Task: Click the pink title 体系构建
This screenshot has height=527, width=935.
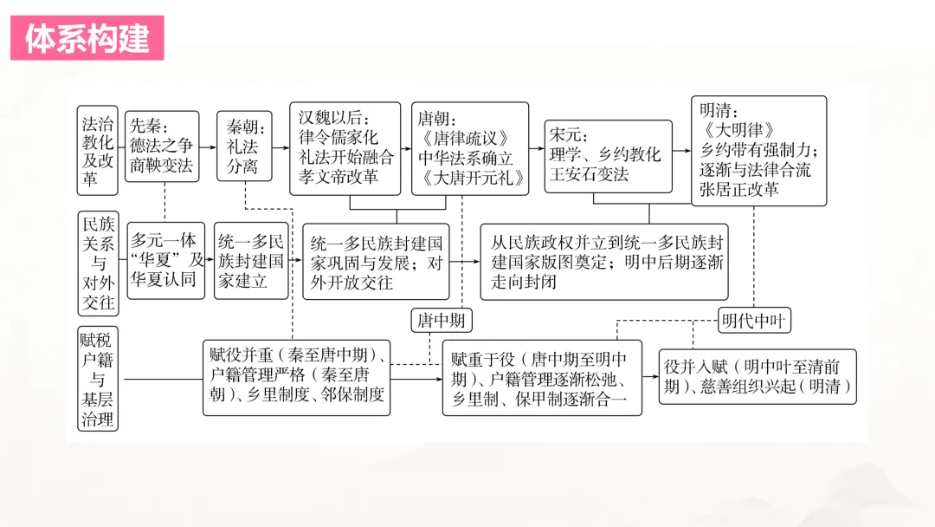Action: pyautogui.click(x=87, y=39)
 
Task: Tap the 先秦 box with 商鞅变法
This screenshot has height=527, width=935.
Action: pyautogui.click(x=161, y=146)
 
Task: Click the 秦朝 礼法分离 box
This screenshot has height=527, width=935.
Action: pyautogui.click(x=242, y=147)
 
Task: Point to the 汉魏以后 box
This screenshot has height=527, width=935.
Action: pyautogui.click(x=345, y=148)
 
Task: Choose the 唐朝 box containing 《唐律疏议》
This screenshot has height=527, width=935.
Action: pyautogui.click(x=469, y=148)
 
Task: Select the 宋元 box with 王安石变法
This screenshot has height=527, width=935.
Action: pyautogui.click(x=609, y=156)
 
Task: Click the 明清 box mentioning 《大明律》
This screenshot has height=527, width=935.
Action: pyautogui.click(x=758, y=150)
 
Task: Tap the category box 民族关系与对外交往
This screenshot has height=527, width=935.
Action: pyautogui.click(x=97, y=263)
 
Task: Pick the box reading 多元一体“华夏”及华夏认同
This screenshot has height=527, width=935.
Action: pyautogui.click(x=165, y=261)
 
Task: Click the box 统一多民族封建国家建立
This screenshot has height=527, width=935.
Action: pyautogui.click(x=251, y=261)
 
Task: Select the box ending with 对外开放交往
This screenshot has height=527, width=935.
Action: pyautogui.click(x=376, y=261)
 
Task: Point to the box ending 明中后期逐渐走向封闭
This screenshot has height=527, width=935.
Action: pyautogui.click(x=603, y=261)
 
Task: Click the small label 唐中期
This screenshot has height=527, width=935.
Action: pyautogui.click(x=442, y=321)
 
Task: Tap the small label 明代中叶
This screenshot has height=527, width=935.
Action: pyautogui.click(x=753, y=321)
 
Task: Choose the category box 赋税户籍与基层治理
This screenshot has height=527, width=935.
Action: pyautogui.click(x=97, y=380)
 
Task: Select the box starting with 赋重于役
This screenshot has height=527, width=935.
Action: pyautogui.click(x=542, y=378)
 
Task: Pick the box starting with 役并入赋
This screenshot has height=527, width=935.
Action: pyautogui.click(x=757, y=376)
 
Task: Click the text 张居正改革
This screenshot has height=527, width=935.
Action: pyautogui.click(x=739, y=189)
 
